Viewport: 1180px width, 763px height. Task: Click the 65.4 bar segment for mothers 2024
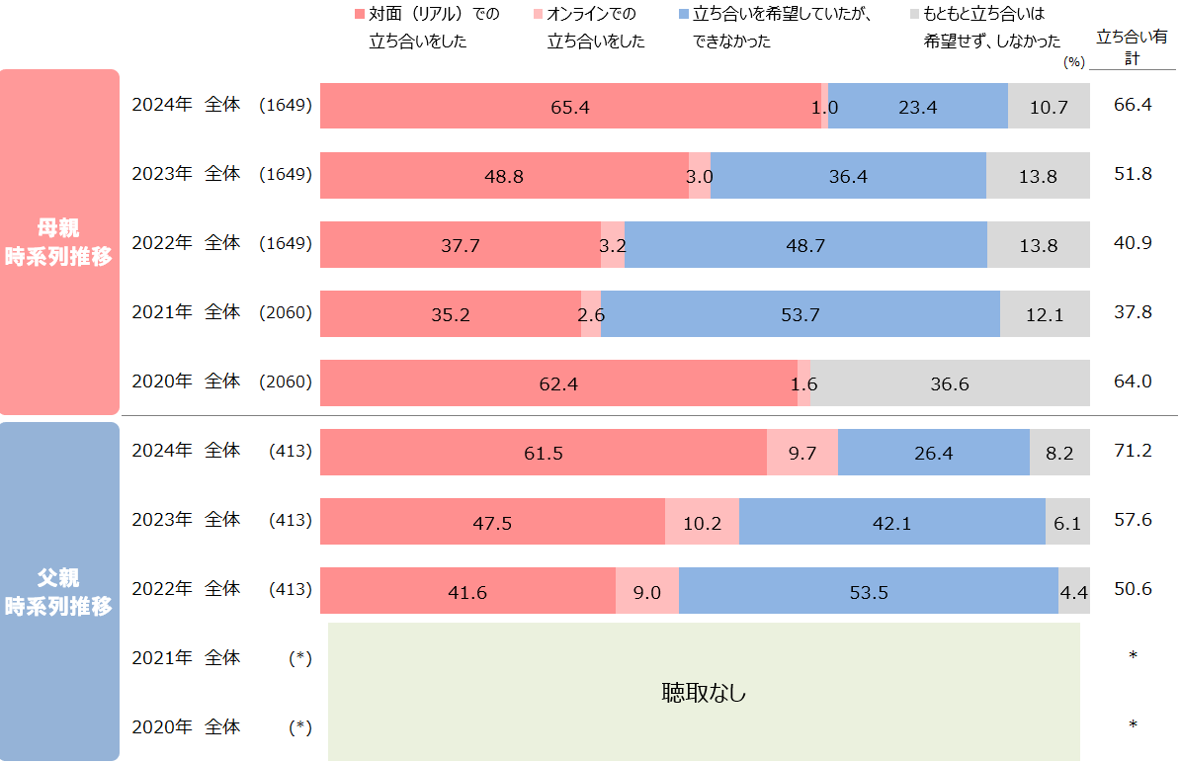[x=570, y=107]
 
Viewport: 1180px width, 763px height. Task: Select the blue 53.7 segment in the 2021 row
[x=801, y=314]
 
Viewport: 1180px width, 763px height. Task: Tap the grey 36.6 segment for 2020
[x=950, y=383]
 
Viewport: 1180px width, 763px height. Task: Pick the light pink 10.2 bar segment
[x=702, y=522]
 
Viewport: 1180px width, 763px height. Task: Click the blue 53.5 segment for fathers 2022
[x=869, y=591]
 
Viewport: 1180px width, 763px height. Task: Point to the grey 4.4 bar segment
[x=1074, y=591]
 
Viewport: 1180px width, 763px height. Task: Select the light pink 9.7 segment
[x=802, y=453]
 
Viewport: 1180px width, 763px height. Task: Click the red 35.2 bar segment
[x=451, y=314]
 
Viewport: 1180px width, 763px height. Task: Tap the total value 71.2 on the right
[x=1133, y=451]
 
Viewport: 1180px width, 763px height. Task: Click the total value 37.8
[x=1133, y=312]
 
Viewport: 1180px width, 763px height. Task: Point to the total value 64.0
[x=1133, y=381]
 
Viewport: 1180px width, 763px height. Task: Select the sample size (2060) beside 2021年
[x=286, y=312]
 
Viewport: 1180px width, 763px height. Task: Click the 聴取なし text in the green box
[x=704, y=693]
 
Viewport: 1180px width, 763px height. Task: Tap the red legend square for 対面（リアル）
[x=360, y=15]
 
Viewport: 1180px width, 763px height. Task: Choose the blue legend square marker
[x=685, y=15]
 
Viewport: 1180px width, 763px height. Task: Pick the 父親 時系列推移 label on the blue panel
[x=58, y=592]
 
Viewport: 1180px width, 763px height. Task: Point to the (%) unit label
[x=1074, y=61]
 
